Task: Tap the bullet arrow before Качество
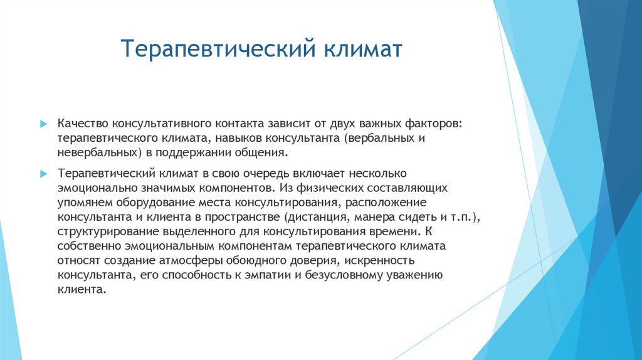pos(43,124)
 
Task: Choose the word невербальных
pos(98,152)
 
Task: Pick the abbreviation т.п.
pos(463,216)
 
